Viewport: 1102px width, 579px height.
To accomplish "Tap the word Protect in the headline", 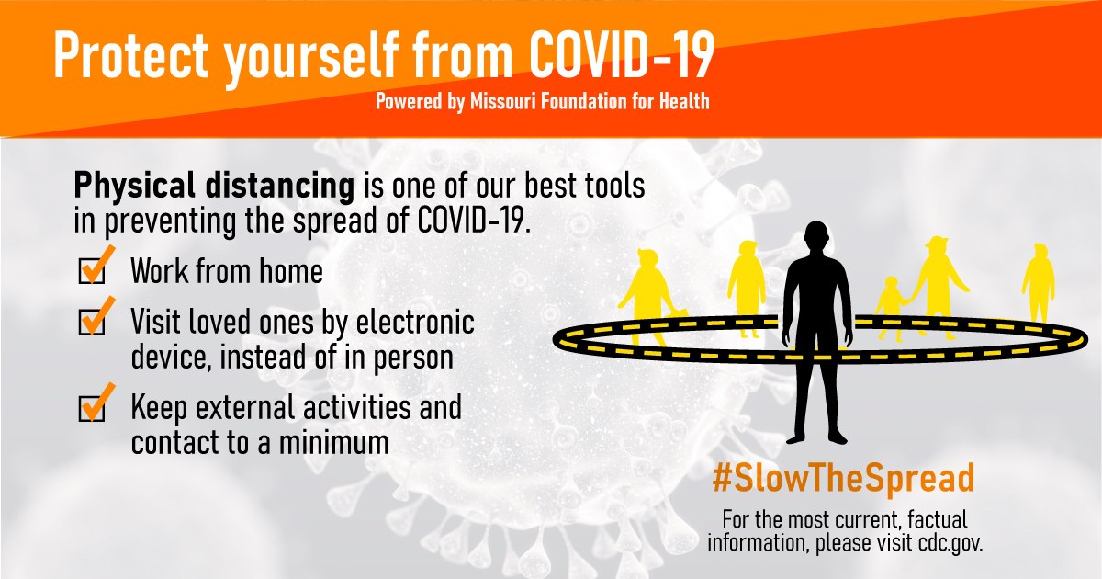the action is pos(130,54).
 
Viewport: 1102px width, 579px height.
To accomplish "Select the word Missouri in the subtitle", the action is pos(503,101).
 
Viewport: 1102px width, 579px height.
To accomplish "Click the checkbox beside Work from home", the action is pos(92,271).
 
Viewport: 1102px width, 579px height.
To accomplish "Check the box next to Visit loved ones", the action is pos(92,323).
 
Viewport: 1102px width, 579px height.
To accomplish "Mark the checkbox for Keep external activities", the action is pos(92,409).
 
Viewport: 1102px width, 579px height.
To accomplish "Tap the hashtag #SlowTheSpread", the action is pos(843,479).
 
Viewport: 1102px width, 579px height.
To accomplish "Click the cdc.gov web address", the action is pos(950,543).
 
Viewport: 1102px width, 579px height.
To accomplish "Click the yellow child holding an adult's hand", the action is pos(892,308).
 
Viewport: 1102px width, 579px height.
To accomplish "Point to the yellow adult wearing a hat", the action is pos(939,286).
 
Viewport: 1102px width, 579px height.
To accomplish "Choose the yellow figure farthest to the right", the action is pos(1038,283).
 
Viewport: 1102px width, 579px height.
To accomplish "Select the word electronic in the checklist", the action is pos(415,322).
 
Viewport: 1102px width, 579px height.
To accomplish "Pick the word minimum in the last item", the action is pos(333,443).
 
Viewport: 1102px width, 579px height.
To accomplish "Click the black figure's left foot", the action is pos(838,437).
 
